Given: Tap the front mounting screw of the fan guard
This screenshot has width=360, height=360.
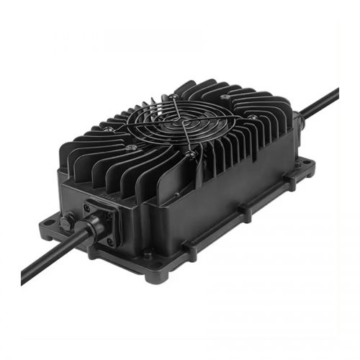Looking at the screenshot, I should [x=189, y=153].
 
